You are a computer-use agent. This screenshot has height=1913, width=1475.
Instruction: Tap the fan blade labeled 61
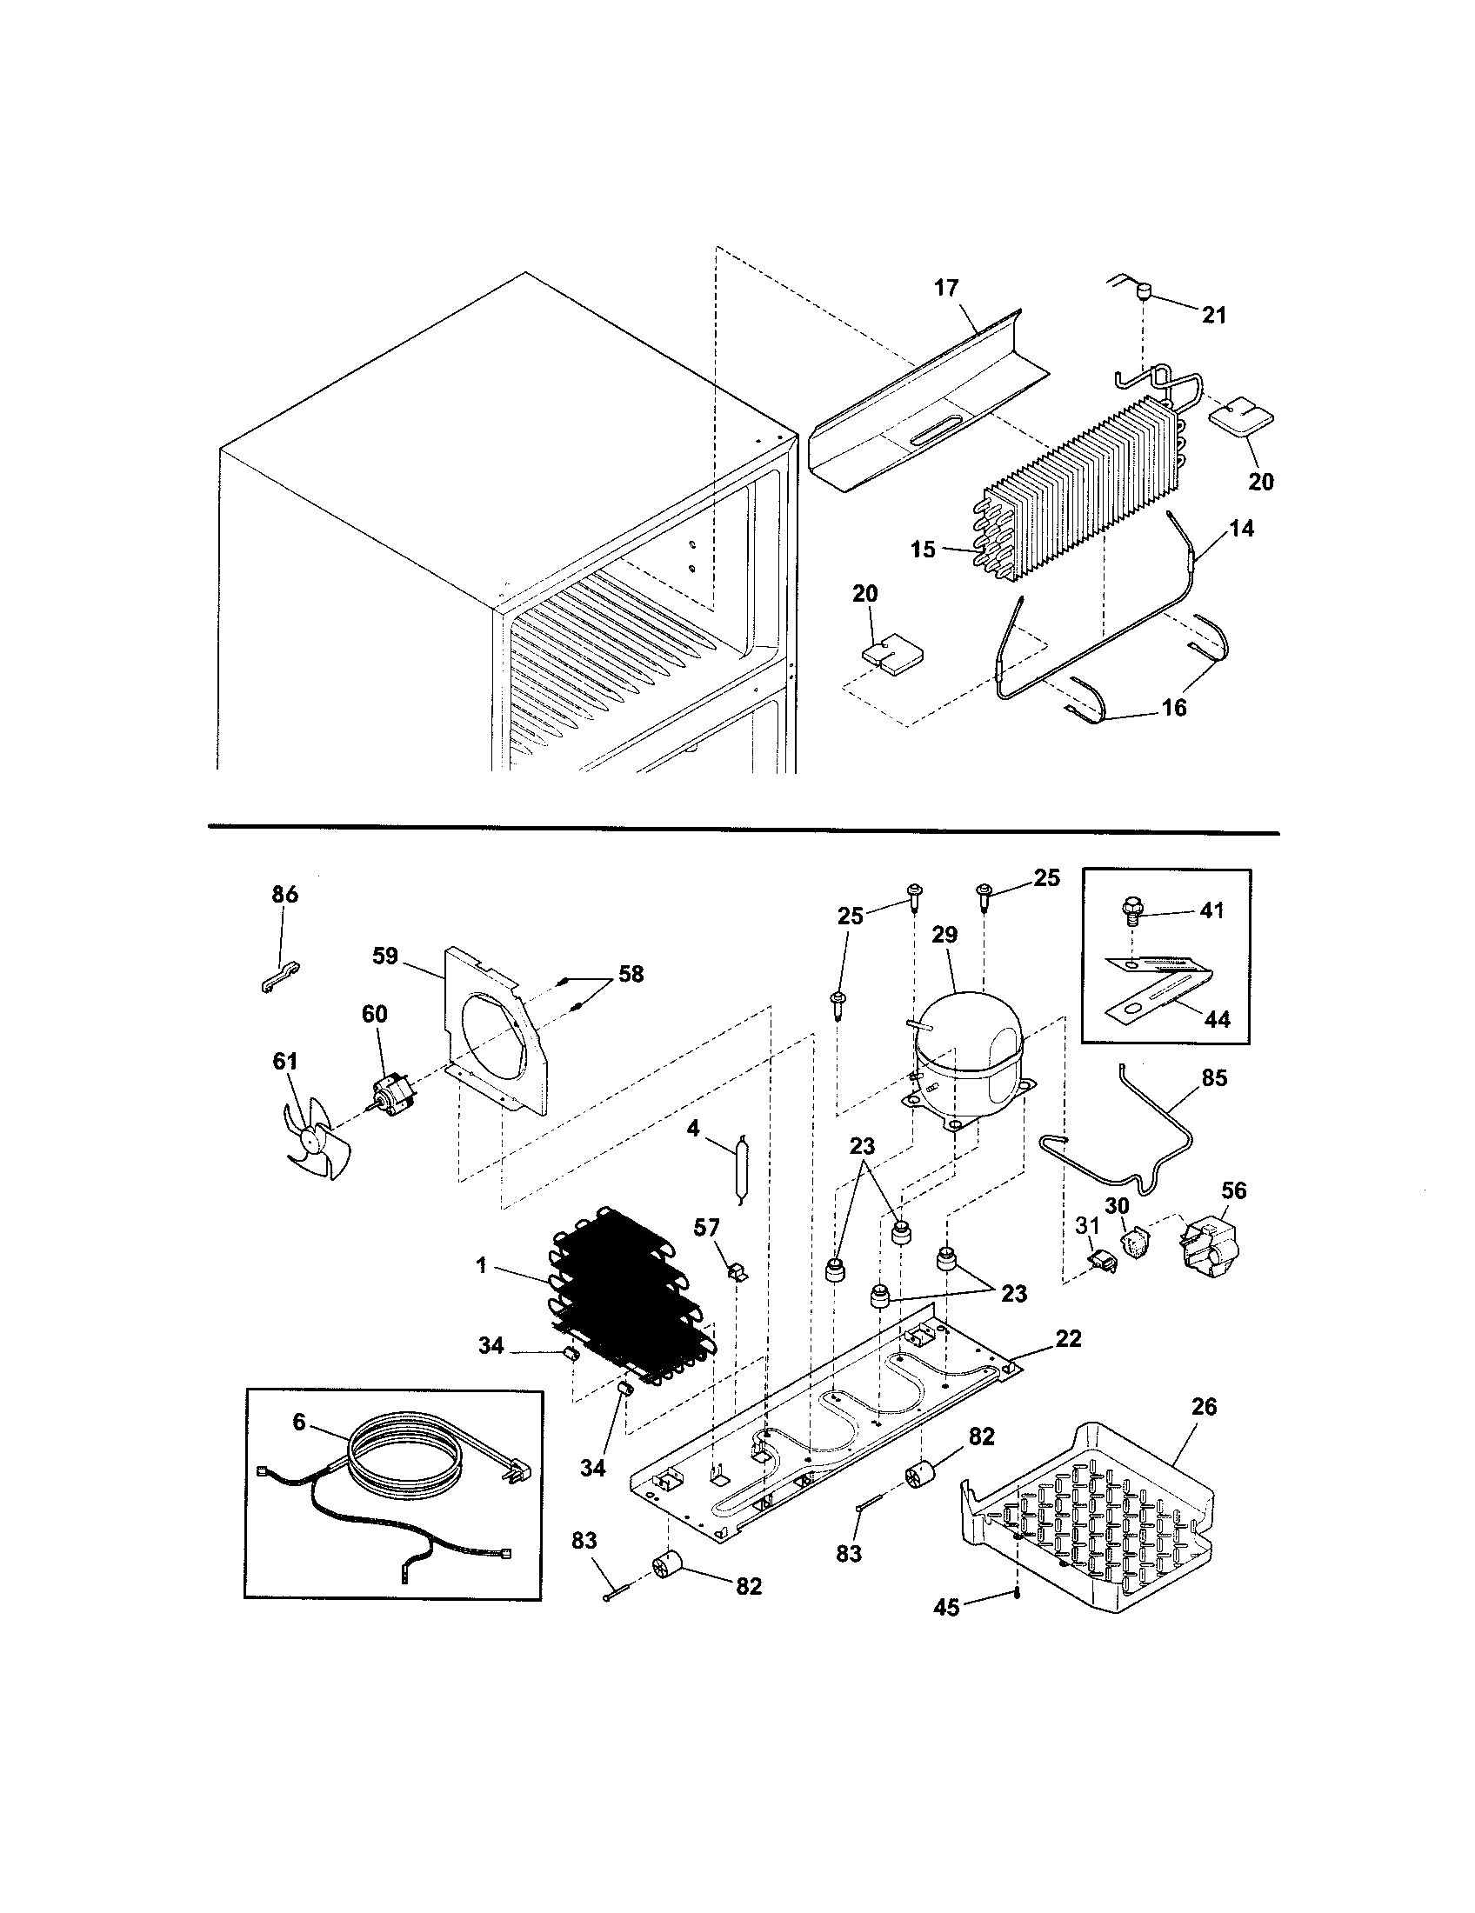coord(317,1143)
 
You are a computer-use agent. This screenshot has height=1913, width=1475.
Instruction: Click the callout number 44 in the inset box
coord(1217,1019)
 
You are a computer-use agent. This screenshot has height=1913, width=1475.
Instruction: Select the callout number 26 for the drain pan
coord(1205,1406)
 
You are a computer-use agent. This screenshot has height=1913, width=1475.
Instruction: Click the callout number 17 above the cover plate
coord(946,287)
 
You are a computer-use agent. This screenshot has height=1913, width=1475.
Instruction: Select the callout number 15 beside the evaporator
coord(924,550)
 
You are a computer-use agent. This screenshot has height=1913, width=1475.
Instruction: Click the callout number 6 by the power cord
coord(299,1421)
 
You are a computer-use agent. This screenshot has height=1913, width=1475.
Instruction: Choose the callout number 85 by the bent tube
coord(1213,1077)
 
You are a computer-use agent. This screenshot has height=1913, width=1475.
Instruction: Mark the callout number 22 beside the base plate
coord(1069,1338)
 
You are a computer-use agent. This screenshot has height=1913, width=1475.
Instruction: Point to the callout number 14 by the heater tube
coord(1241,528)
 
